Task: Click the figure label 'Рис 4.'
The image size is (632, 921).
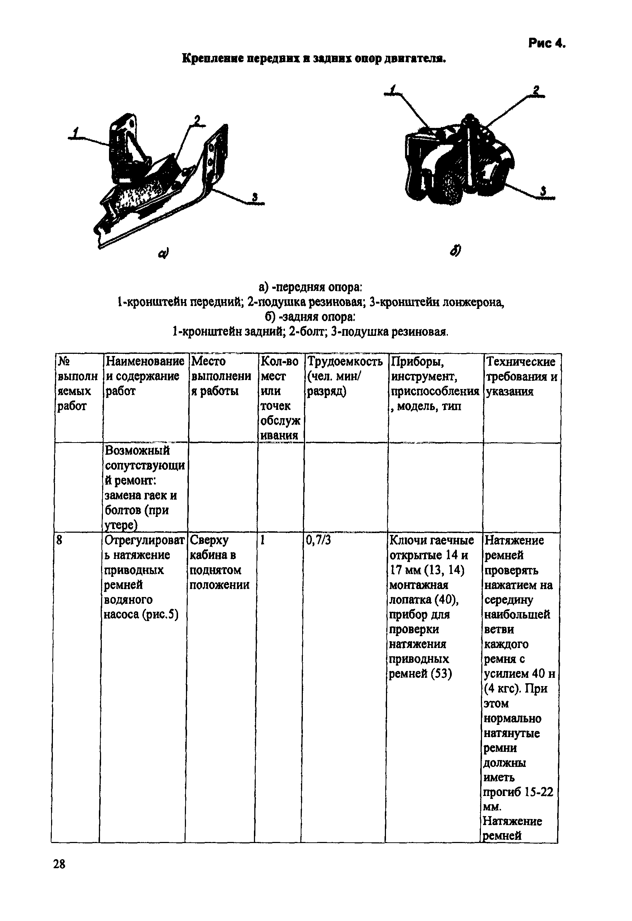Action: (546, 43)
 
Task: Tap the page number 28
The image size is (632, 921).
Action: (59, 864)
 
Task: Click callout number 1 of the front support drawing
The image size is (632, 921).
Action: (76, 132)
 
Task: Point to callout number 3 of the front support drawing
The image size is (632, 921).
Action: (255, 197)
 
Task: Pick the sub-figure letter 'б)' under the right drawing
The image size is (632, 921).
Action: (456, 250)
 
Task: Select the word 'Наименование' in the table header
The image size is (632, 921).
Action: (145, 361)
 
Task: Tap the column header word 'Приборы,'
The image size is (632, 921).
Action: (417, 361)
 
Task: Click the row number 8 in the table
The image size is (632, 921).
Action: (59, 541)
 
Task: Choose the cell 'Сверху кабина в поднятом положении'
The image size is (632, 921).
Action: (219, 563)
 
